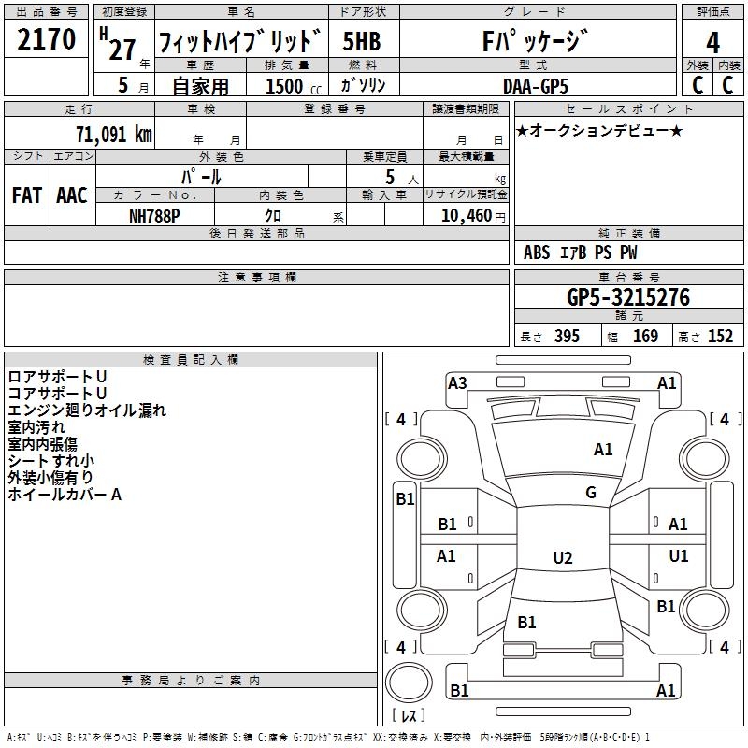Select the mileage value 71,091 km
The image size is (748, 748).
coord(113,134)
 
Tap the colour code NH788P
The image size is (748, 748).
coord(155,214)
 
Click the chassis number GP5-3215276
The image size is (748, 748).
coord(628,297)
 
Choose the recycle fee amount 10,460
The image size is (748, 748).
coord(465,214)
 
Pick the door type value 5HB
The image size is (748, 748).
coord(362,42)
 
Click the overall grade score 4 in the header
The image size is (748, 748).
coord(712,42)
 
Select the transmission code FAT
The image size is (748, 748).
coord(26,195)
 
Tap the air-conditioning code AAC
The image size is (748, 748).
coord(72,195)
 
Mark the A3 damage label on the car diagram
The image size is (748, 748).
coord(457,382)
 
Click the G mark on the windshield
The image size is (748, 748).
coord(590,493)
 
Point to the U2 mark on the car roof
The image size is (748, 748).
coord(562,558)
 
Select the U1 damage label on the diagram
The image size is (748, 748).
coord(679,556)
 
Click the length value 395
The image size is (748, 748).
coord(564,337)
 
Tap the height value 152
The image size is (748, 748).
coord(720,337)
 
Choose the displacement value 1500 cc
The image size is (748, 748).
coord(286,86)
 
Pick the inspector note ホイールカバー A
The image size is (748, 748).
coord(65,495)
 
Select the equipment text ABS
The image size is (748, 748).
coord(537,252)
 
